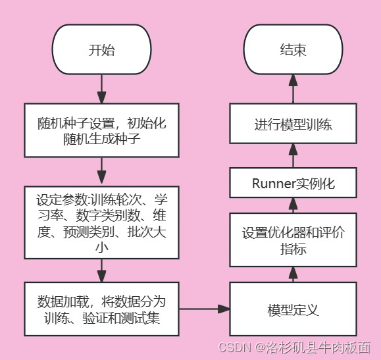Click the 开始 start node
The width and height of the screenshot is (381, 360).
click(101, 50)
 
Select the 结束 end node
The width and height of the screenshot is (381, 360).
click(293, 50)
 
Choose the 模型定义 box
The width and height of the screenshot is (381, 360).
click(293, 309)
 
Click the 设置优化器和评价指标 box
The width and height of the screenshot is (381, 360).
click(293, 240)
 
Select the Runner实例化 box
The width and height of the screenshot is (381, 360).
click(293, 183)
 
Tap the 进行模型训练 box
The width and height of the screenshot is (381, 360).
click(293, 124)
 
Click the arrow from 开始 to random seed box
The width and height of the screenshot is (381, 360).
click(101, 88)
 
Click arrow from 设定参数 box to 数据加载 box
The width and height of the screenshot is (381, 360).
click(101, 270)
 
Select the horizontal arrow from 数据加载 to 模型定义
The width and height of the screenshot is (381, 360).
click(203, 309)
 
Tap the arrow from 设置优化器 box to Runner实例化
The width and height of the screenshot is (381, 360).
click(293, 205)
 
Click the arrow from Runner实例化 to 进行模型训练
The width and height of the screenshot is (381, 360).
click(293, 155)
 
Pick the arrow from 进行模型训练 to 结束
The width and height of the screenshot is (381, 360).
click(293, 88)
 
